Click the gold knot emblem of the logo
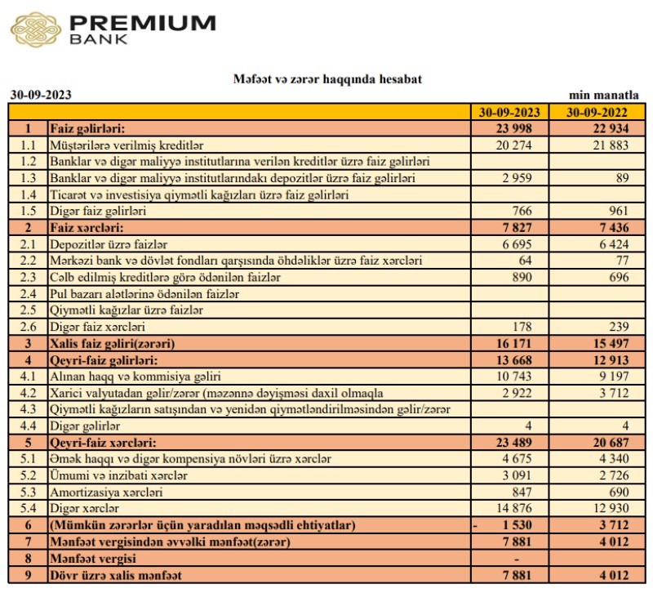click(35, 29)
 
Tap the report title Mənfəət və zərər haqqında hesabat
click(326, 79)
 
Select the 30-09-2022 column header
click(593, 112)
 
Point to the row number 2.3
click(29, 278)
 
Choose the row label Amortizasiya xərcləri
click(107, 492)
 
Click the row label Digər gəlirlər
click(86, 426)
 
